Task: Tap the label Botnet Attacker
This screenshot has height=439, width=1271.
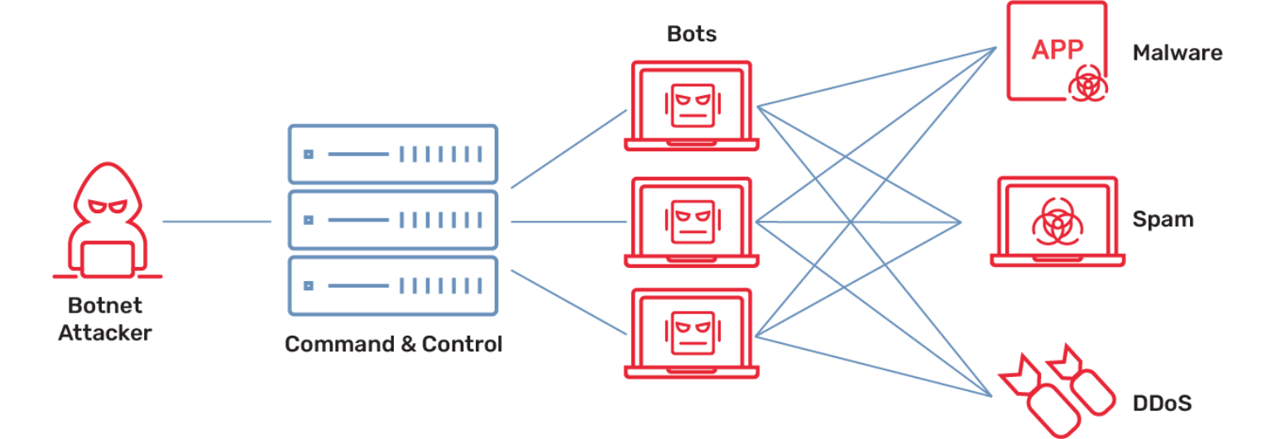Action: tap(105, 319)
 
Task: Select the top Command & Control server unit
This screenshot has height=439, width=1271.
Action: tap(392, 154)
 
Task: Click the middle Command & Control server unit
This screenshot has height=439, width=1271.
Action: tap(392, 221)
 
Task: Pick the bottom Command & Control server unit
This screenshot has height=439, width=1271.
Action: tap(392, 286)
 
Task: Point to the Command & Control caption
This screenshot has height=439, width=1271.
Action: tap(393, 344)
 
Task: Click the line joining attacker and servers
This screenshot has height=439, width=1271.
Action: tap(216, 221)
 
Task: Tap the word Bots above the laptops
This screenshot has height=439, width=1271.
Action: tap(691, 35)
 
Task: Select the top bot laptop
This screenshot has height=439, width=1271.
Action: tap(692, 105)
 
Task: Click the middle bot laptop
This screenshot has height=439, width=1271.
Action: tap(692, 222)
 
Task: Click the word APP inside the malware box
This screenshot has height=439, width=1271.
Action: tap(1057, 50)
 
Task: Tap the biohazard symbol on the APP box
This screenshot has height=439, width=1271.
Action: tap(1086, 84)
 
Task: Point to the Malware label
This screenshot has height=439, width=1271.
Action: tap(1177, 54)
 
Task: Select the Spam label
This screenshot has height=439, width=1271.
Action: tap(1163, 220)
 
